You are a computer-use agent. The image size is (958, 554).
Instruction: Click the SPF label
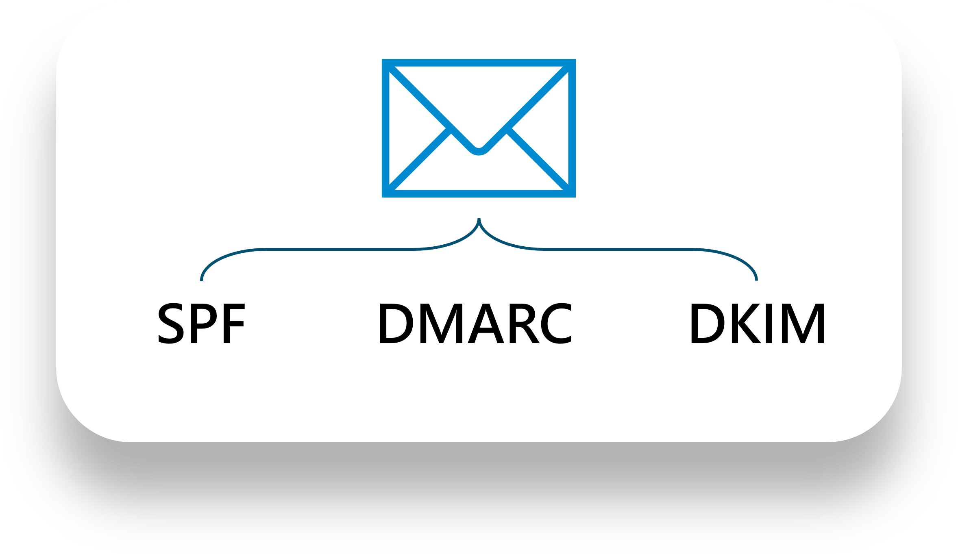click(201, 324)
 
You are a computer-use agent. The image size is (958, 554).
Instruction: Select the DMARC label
click(475, 324)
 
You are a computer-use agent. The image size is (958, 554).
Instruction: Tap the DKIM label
click(757, 324)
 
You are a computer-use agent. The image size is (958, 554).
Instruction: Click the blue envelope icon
click(479, 128)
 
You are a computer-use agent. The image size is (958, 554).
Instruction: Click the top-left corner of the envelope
click(382, 60)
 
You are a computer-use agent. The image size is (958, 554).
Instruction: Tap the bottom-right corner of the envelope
click(575, 197)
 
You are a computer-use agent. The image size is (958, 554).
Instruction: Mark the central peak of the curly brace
click(479, 219)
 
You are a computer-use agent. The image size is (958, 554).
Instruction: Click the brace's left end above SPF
click(201, 280)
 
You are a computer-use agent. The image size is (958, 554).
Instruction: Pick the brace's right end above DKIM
click(756, 280)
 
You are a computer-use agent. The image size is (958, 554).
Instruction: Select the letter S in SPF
click(168, 324)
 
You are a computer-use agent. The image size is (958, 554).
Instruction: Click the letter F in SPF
click(235, 324)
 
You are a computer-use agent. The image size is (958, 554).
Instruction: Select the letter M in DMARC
click(441, 324)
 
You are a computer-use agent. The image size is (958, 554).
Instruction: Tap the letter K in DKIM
click(747, 324)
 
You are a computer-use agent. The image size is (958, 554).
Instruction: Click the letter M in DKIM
click(803, 324)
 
